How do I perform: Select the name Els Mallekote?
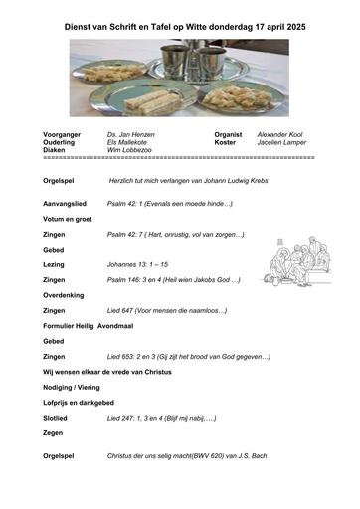click(129, 141)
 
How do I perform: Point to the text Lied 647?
click(124, 311)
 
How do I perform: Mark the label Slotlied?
click(58, 420)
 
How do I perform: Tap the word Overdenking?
click(65, 295)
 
